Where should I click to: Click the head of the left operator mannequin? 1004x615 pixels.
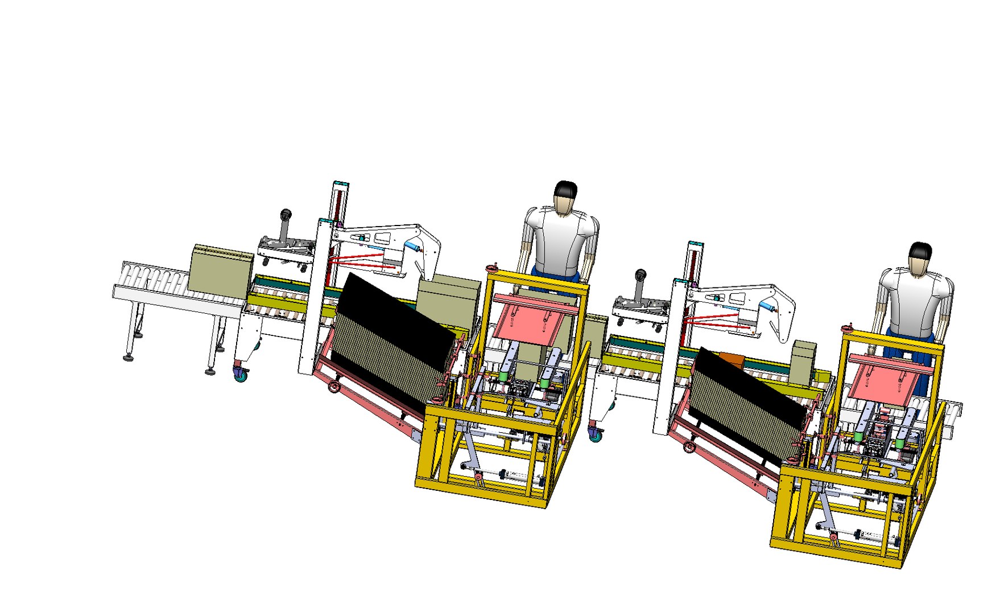(x=565, y=198)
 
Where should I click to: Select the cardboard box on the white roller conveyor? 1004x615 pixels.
(x=220, y=269)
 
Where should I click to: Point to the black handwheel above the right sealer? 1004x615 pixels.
(x=641, y=275)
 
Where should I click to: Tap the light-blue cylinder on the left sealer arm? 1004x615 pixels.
(x=412, y=247)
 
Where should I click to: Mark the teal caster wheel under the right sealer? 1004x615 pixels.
(x=595, y=434)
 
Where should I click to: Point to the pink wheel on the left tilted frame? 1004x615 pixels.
(x=333, y=387)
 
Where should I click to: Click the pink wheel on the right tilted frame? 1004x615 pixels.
(x=689, y=447)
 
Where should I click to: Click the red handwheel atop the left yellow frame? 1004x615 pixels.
(x=491, y=268)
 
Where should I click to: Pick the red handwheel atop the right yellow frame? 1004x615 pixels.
(x=850, y=327)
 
